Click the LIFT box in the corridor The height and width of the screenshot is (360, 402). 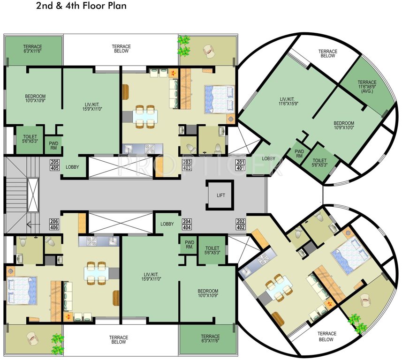tap(220, 195)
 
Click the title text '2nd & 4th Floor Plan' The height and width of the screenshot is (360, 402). tap(81, 7)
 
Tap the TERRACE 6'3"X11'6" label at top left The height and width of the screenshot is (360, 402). tap(33, 48)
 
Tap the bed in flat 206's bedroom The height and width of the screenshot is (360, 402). tap(22, 291)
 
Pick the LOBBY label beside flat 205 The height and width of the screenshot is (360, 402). tap(73, 167)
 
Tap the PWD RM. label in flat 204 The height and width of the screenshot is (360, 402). tap(190, 245)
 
